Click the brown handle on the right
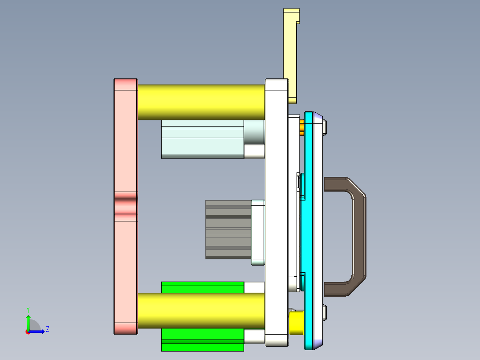(358, 236)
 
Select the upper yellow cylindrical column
(201, 102)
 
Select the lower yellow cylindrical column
(201, 311)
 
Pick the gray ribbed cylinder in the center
(228, 229)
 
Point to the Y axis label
(28, 309)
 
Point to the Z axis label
(47, 329)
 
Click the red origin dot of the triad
(28, 331)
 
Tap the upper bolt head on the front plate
(325, 127)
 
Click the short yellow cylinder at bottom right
(296, 323)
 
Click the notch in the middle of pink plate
(126, 206)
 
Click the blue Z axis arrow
(38, 331)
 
